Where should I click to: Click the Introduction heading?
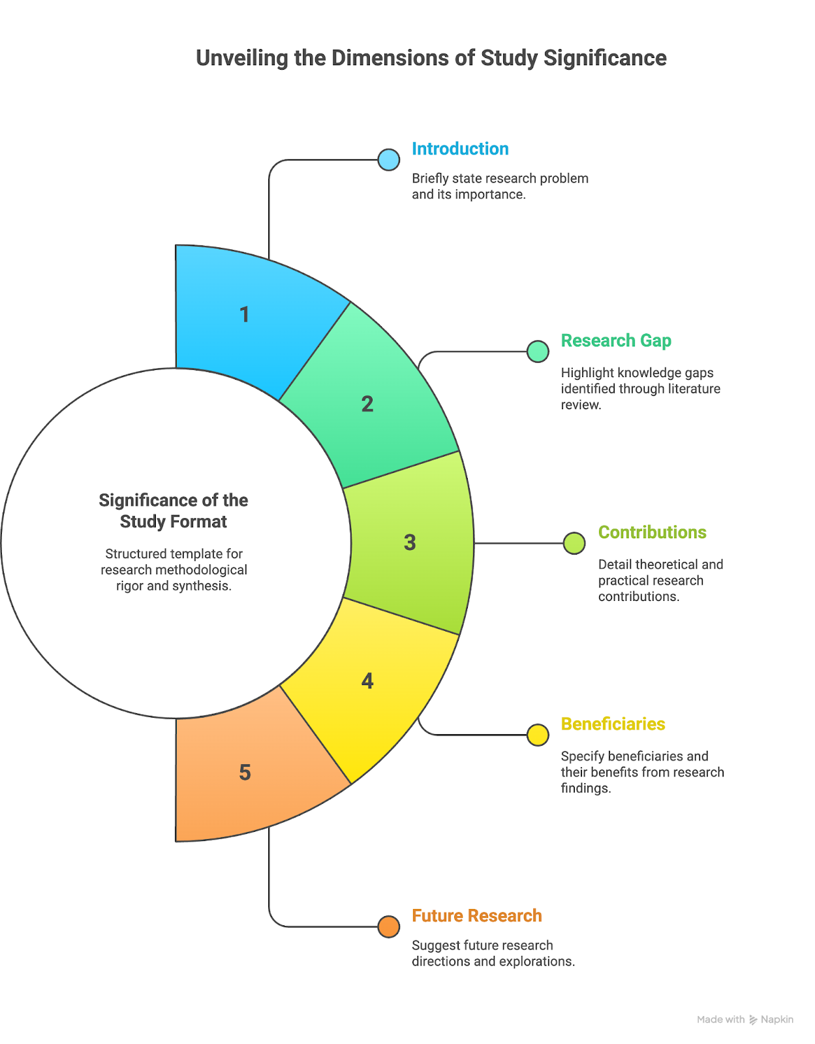click(x=460, y=149)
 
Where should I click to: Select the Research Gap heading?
click(x=616, y=341)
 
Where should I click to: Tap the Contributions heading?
click(x=652, y=532)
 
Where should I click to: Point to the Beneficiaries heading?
click(x=613, y=724)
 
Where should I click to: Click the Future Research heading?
click(x=477, y=915)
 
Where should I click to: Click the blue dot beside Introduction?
click(x=388, y=160)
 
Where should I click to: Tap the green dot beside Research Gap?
click(x=538, y=352)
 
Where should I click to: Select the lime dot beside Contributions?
click(x=574, y=544)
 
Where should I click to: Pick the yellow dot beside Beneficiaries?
click(x=538, y=735)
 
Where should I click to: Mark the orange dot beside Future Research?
click(x=388, y=927)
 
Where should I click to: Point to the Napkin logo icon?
click(x=753, y=1019)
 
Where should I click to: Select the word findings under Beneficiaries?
click(x=586, y=788)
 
